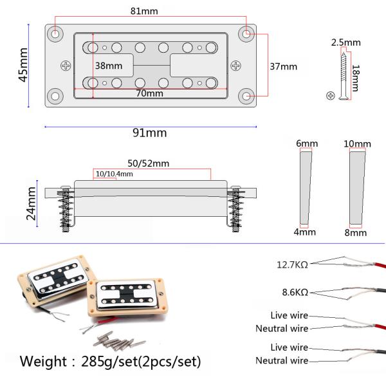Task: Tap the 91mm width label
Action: click(149, 133)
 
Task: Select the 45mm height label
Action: click(23, 66)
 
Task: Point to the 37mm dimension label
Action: click(284, 66)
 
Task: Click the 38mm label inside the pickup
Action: click(109, 66)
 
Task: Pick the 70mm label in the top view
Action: click(149, 93)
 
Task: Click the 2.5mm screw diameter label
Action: click(345, 42)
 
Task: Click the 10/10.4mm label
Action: click(114, 174)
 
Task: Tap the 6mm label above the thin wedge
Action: click(307, 143)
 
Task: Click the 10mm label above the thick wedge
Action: click(357, 143)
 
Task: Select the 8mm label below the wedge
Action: click(355, 233)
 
